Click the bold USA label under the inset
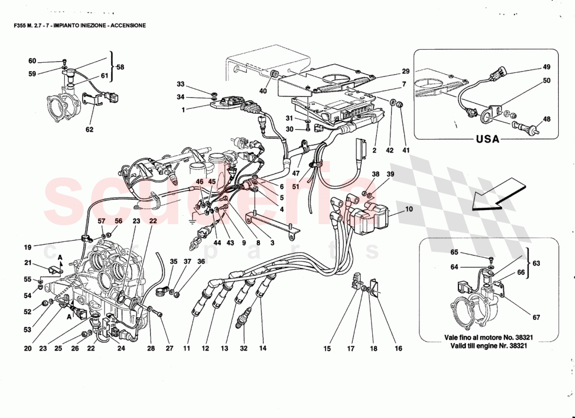pyautogui.click(x=487, y=140)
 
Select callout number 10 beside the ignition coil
pyautogui.click(x=409, y=209)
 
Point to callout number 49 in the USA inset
pyautogui.click(x=546, y=67)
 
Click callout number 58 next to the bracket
pyautogui.click(x=120, y=67)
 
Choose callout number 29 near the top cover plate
pyautogui.click(x=406, y=71)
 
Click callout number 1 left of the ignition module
pyautogui.click(x=183, y=110)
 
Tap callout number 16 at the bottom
pyautogui.click(x=398, y=348)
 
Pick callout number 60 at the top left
pyautogui.click(x=32, y=61)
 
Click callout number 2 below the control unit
pyautogui.click(x=374, y=151)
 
